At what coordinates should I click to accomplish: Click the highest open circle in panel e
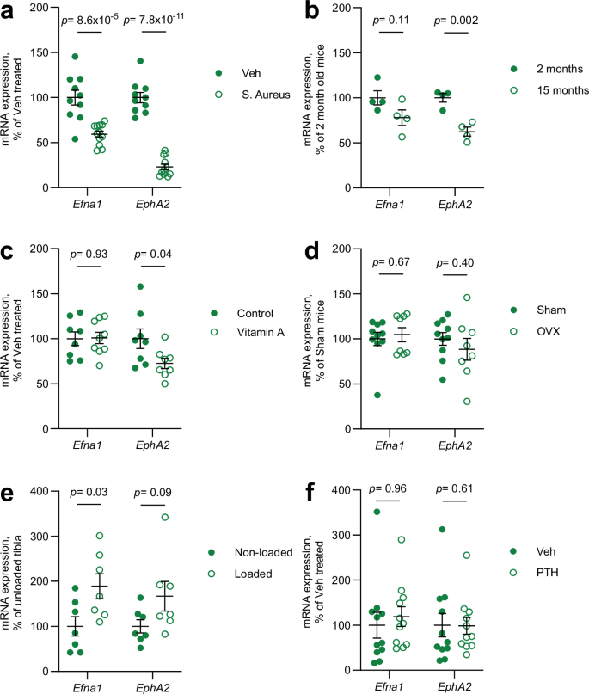pos(160,517)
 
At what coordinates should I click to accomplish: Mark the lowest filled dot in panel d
pos(377,395)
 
